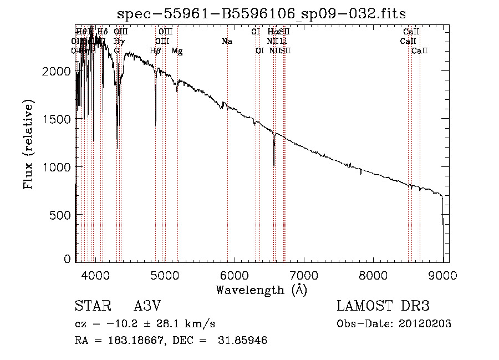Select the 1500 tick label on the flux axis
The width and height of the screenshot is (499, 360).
(x=57, y=119)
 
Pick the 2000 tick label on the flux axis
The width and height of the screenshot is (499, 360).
(x=57, y=72)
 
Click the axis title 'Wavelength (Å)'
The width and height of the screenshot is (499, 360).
(x=262, y=290)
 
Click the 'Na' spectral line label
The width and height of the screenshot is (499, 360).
(x=227, y=42)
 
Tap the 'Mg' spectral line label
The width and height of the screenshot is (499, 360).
(x=177, y=51)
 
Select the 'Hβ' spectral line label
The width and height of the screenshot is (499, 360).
(x=156, y=51)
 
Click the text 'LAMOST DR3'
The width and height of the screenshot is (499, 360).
(x=383, y=306)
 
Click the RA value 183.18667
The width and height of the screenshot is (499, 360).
(x=127, y=341)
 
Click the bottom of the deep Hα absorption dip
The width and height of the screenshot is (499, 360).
(x=274, y=165)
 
